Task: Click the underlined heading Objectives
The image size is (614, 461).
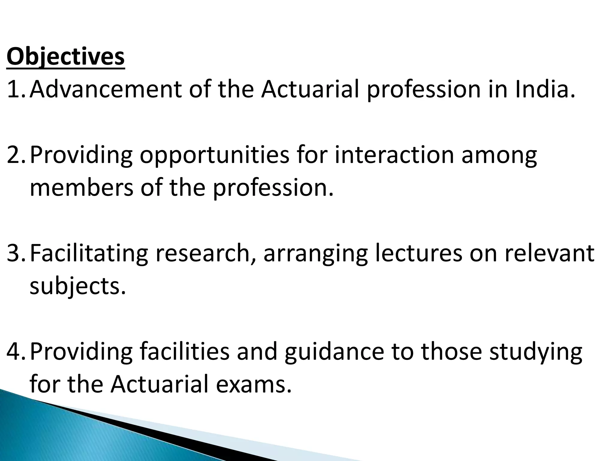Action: pos(65,57)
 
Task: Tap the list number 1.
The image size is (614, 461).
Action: pos(16,89)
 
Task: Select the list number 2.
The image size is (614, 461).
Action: pos(16,155)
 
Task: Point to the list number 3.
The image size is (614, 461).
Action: pos(16,253)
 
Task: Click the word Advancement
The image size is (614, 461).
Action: pos(106,89)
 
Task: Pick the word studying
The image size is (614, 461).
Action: pos(536,352)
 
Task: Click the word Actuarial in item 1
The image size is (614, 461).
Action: pos(310,89)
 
